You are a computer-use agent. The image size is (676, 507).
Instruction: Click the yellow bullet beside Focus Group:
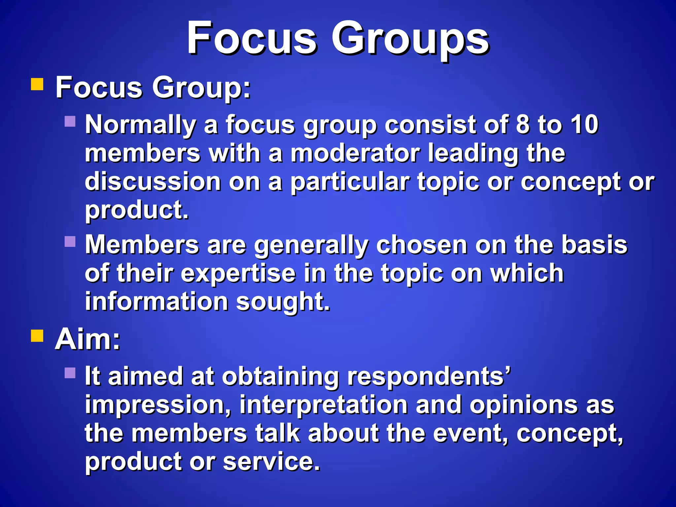37,84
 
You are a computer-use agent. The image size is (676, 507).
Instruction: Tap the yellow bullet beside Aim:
37,335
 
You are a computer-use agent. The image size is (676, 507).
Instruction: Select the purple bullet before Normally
70,121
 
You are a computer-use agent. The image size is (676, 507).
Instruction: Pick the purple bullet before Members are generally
70,241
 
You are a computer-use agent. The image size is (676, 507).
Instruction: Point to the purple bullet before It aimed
70,373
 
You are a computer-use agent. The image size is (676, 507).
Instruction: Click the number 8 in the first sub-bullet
523,124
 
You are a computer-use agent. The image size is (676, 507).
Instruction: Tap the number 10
585,124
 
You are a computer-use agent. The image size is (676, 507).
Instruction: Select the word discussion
153,182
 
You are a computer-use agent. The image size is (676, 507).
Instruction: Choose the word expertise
238,273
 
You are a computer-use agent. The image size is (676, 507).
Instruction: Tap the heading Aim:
88,339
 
